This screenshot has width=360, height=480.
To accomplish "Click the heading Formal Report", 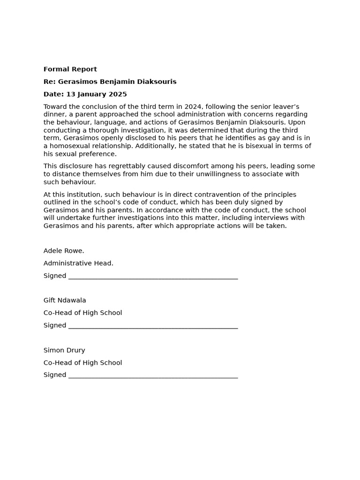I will click(70, 69).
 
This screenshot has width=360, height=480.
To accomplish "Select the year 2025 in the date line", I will click(118, 94).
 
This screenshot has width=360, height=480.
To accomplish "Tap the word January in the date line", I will click(91, 94).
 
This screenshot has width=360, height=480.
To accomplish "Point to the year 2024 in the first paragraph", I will click(193, 107).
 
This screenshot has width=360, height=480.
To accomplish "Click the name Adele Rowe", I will click(64, 251).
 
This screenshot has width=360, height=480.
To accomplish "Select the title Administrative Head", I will click(78, 263).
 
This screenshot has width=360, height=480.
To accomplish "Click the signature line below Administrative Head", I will click(153, 277).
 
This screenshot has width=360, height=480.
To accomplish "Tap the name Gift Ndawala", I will click(65, 300).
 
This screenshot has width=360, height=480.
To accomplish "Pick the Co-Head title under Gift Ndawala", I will click(82, 313).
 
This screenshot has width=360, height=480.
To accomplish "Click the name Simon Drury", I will click(64, 350).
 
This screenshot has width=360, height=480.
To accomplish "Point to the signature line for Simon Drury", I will click(153, 376).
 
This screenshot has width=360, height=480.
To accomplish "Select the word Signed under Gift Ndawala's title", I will click(55, 325).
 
